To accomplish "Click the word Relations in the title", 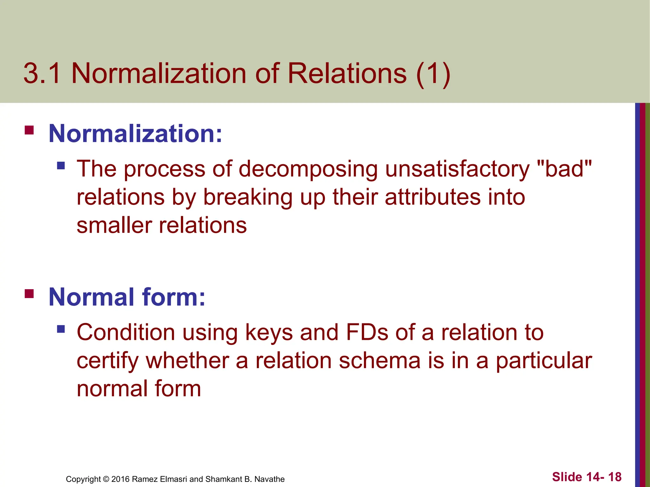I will [x=347, y=74].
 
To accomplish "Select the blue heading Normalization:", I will [x=136, y=134].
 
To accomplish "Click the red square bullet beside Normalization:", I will [x=29, y=130].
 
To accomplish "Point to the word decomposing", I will [x=308, y=169].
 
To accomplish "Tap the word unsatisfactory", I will [x=457, y=169].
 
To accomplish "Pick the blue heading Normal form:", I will [x=127, y=297].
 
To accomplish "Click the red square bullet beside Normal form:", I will [x=29, y=294].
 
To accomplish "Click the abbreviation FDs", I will [x=367, y=332].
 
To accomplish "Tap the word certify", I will [x=107, y=361].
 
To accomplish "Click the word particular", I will [x=544, y=361].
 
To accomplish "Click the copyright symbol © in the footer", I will [x=106, y=479].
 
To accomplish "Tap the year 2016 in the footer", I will [x=120, y=479].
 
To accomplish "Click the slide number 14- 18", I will [x=604, y=477].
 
